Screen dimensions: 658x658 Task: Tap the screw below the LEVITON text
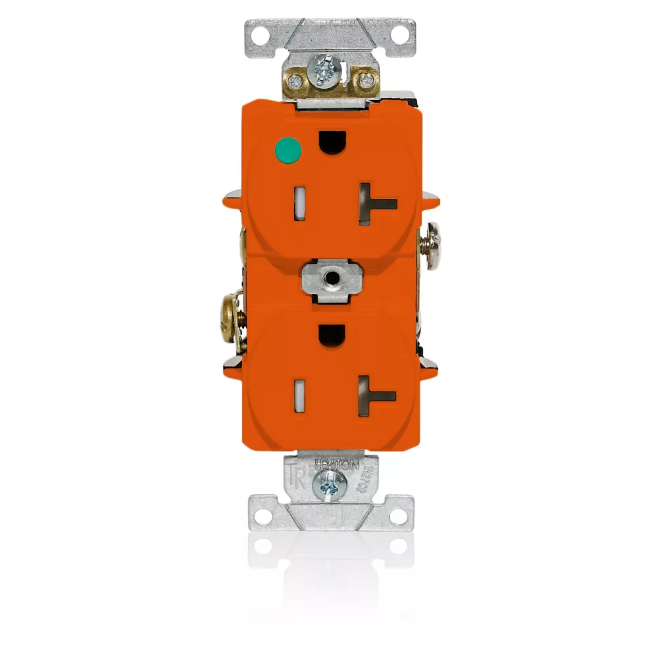point(329,488)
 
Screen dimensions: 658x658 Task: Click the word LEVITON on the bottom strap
point(338,465)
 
